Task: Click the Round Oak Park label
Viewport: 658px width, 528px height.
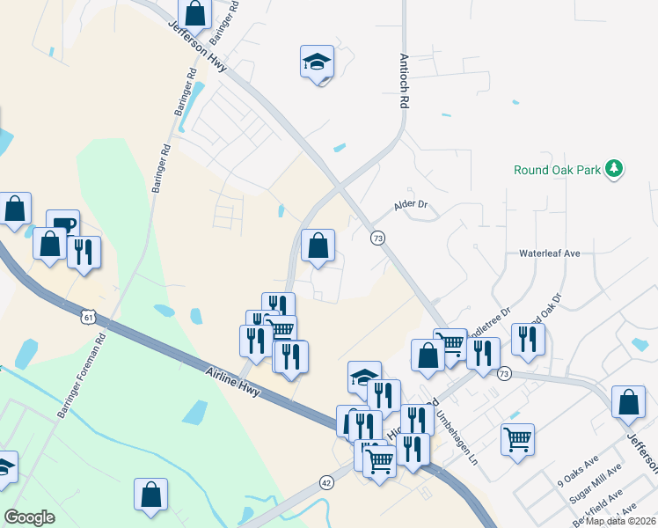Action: click(558, 170)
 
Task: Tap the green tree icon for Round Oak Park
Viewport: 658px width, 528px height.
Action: click(615, 168)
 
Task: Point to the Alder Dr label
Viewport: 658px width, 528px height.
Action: click(411, 204)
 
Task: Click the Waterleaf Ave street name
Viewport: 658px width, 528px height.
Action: click(550, 253)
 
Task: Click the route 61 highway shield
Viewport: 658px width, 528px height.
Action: click(86, 316)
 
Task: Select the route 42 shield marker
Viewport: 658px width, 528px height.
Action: click(326, 482)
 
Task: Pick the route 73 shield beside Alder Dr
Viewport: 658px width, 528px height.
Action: click(377, 238)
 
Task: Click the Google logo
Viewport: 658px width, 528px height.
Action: click(29, 517)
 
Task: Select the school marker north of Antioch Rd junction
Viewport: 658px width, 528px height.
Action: click(317, 62)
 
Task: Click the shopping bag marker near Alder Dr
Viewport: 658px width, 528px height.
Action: click(318, 246)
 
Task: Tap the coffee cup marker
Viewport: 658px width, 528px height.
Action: click(62, 224)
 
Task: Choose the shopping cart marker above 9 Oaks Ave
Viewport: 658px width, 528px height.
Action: click(517, 438)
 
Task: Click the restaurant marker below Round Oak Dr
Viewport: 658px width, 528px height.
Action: click(528, 340)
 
